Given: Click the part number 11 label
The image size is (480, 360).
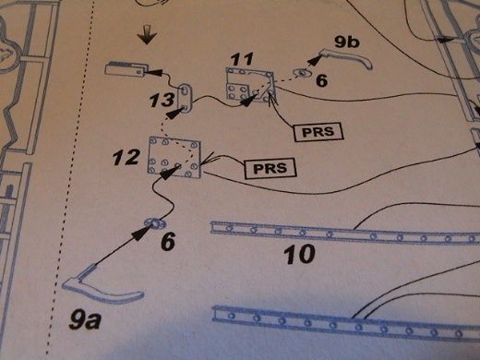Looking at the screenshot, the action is pyautogui.click(x=243, y=59).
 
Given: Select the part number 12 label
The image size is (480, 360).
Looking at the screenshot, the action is pyautogui.click(x=126, y=158).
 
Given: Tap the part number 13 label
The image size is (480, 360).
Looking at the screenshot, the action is pyautogui.click(x=162, y=100).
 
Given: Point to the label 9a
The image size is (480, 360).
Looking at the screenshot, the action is pyautogui.click(x=85, y=320).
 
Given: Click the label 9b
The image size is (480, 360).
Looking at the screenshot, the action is pyautogui.click(x=347, y=42).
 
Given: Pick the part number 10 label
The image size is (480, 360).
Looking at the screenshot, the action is pyautogui.click(x=300, y=255).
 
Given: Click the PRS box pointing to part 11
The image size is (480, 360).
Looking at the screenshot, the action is pyautogui.click(x=318, y=132).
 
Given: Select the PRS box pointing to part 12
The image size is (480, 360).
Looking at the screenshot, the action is pyautogui.click(x=270, y=168).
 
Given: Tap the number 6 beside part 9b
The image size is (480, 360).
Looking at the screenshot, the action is pyautogui.click(x=321, y=81).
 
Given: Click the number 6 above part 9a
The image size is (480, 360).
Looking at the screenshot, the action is pyautogui.click(x=168, y=241).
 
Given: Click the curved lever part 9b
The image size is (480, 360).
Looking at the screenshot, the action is pyautogui.click(x=346, y=58).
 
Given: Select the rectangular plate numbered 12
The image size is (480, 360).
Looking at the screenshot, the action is pyautogui.click(x=174, y=158).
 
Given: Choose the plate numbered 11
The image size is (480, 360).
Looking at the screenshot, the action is pyautogui.click(x=250, y=85).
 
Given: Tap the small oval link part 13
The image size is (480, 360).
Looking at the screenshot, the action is pyautogui.click(x=186, y=99).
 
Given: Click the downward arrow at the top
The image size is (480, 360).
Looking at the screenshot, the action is pyautogui.click(x=147, y=34).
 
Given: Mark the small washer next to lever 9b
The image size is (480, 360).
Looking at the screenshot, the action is pyautogui.click(x=303, y=73).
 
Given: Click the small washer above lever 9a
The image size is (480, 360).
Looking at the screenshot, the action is pyautogui.click(x=156, y=223).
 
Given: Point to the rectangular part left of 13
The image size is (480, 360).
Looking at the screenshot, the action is pyautogui.click(x=126, y=69).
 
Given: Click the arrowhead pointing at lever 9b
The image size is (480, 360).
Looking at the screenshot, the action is pyautogui.click(x=314, y=61).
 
